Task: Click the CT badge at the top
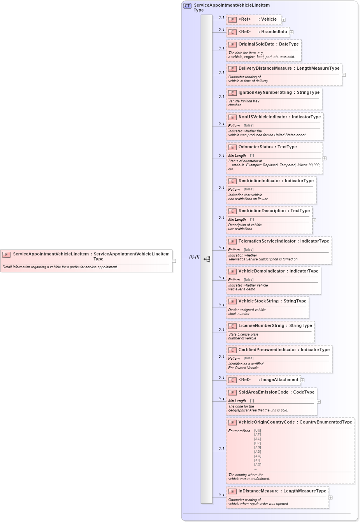[187, 5]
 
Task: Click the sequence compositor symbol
[207, 259]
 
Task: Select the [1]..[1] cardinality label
[194, 257]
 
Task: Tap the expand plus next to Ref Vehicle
[284, 20]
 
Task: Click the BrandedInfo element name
[274, 32]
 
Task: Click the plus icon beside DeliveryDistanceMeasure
[344, 75]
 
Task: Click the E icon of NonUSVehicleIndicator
[232, 117]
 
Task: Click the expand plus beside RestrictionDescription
[314, 220]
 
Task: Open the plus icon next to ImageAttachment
[302, 380]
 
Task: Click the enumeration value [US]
[257, 431]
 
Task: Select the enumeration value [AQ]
[258, 464]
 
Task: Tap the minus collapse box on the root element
[174, 261]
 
